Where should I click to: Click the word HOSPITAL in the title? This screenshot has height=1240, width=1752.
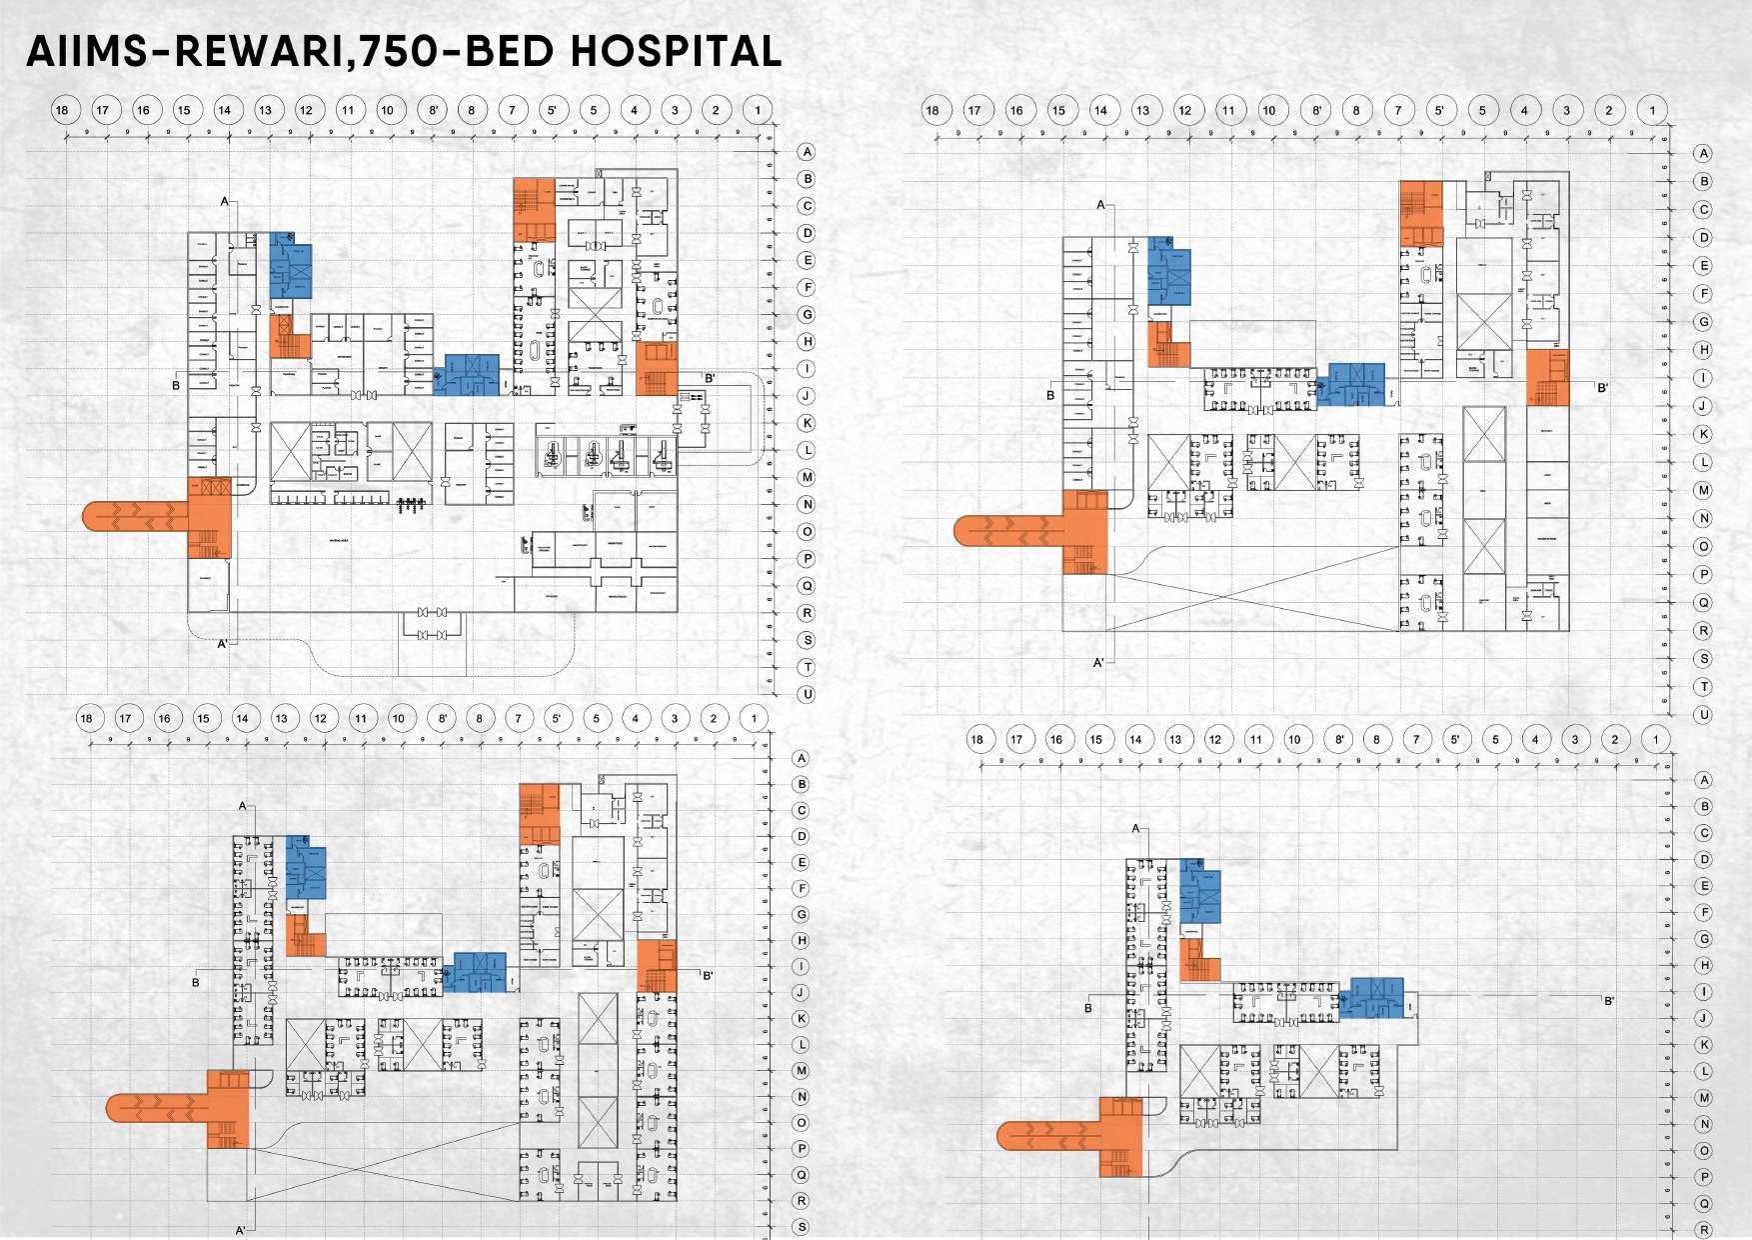coord(676,51)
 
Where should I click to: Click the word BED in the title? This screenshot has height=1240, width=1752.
coord(510,51)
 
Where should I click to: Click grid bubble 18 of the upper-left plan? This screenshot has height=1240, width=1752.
coord(63,110)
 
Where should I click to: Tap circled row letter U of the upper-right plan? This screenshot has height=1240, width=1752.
coord(1704,715)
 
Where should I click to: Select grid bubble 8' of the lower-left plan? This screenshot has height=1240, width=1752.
coord(441,718)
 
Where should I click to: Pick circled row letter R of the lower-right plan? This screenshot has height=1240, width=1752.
coord(1705,1229)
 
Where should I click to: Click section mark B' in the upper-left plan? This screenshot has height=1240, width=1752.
coord(710,378)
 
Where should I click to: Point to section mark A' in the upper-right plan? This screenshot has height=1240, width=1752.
coord(1098,663)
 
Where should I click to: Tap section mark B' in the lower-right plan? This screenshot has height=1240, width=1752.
coord(1609,1001)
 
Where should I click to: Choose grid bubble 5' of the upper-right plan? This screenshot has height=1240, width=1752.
coord(1440,111)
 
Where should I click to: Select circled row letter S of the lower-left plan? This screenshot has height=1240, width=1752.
coord(801,1227)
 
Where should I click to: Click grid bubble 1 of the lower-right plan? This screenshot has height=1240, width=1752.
coord(1656,740)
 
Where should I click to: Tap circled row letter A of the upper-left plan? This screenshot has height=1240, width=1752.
coord(807,152)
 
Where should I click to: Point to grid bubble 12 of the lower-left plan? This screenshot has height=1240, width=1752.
coord(321,718)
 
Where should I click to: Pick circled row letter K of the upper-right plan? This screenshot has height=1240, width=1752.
coord(1704,434)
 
